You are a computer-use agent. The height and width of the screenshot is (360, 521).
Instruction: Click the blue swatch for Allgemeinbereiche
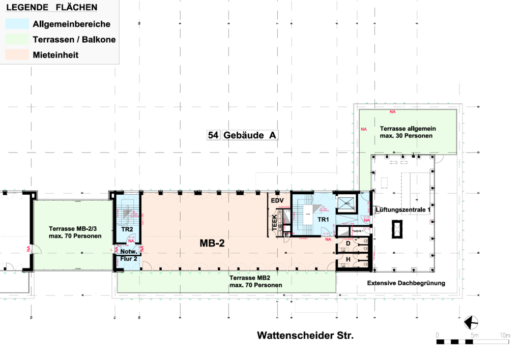pos(17,24)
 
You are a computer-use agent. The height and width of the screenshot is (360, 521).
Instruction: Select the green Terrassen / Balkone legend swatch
pos(17,40)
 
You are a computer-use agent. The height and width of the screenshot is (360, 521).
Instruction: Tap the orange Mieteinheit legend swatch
pos(17,55)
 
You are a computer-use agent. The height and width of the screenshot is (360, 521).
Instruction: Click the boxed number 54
pos(213,135)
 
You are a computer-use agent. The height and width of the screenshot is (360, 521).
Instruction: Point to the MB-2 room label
pos(212,244)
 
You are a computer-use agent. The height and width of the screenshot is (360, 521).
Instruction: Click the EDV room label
pos(277,201)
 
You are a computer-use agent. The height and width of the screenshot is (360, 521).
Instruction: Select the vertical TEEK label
pos(275,222)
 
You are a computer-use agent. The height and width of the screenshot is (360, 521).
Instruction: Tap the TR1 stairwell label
pos(324,219)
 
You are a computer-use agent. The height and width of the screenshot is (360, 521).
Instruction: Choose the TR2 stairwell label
pos(127,229)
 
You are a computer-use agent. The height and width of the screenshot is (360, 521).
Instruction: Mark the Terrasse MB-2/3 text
pos(75,232)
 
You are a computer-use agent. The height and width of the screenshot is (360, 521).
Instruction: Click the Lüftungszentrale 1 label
pos(403,209)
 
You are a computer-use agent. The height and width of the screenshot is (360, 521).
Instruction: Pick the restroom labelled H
pos(348,260)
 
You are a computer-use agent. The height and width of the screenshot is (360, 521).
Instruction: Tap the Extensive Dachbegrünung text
pos(406,283)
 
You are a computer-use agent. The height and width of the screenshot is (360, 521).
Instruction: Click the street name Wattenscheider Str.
pos(305,336)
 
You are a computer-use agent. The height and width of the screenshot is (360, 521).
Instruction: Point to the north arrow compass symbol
pos(472,322)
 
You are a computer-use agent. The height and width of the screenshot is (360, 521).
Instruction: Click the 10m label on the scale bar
pos(505,335)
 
